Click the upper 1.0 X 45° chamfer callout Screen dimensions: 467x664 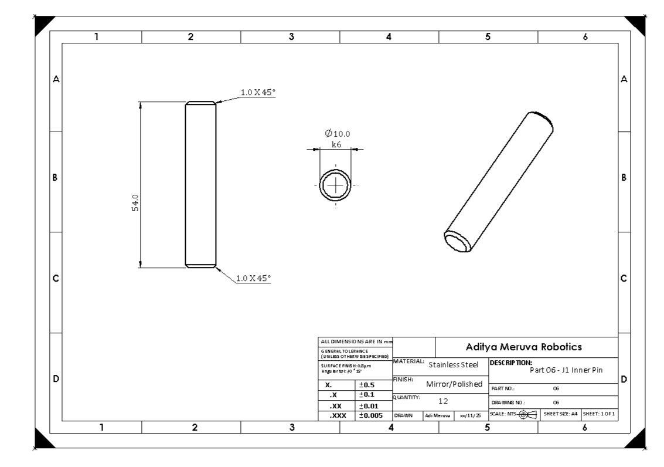click(258, 93)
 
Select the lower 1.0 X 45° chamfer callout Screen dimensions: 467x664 click(253, 278)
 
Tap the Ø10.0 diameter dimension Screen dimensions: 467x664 click(338, 134)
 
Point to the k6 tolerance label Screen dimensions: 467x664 click(336, 144)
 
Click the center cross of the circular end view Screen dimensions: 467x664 click(336, 186)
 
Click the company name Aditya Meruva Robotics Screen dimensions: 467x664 click(523, 347)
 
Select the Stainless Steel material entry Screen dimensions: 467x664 click(453, 365)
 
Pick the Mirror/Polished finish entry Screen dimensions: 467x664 click(454, 384)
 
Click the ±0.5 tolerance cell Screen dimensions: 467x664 click(367, 385)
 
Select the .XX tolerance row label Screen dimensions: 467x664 click(336, 405)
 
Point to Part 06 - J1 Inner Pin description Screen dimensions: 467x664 click(566, 370)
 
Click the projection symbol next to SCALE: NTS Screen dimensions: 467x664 click(527, 415)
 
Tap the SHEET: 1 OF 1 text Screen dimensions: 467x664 click(600, 415)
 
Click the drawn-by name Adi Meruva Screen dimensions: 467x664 click(437, 415)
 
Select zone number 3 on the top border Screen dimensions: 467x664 click(291, 36)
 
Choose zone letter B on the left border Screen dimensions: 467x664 click(56, 177)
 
